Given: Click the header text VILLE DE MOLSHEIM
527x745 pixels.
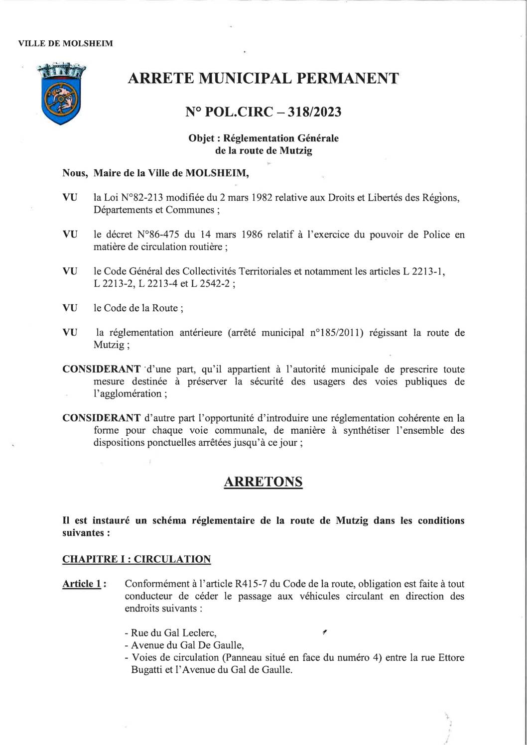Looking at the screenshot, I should coord(65,44).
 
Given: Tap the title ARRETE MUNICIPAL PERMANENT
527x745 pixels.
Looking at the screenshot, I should coord(263,78).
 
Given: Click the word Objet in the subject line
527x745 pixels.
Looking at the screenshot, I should coord(201,138).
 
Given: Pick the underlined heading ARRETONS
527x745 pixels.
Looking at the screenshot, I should coord(263,482).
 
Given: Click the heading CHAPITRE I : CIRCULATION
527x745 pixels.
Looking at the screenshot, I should coord(136,559).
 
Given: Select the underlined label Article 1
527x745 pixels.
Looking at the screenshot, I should coord(81,584).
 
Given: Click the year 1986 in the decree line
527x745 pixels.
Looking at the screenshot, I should coord(250,235).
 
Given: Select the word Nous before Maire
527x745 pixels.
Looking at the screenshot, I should coord(75,173).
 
